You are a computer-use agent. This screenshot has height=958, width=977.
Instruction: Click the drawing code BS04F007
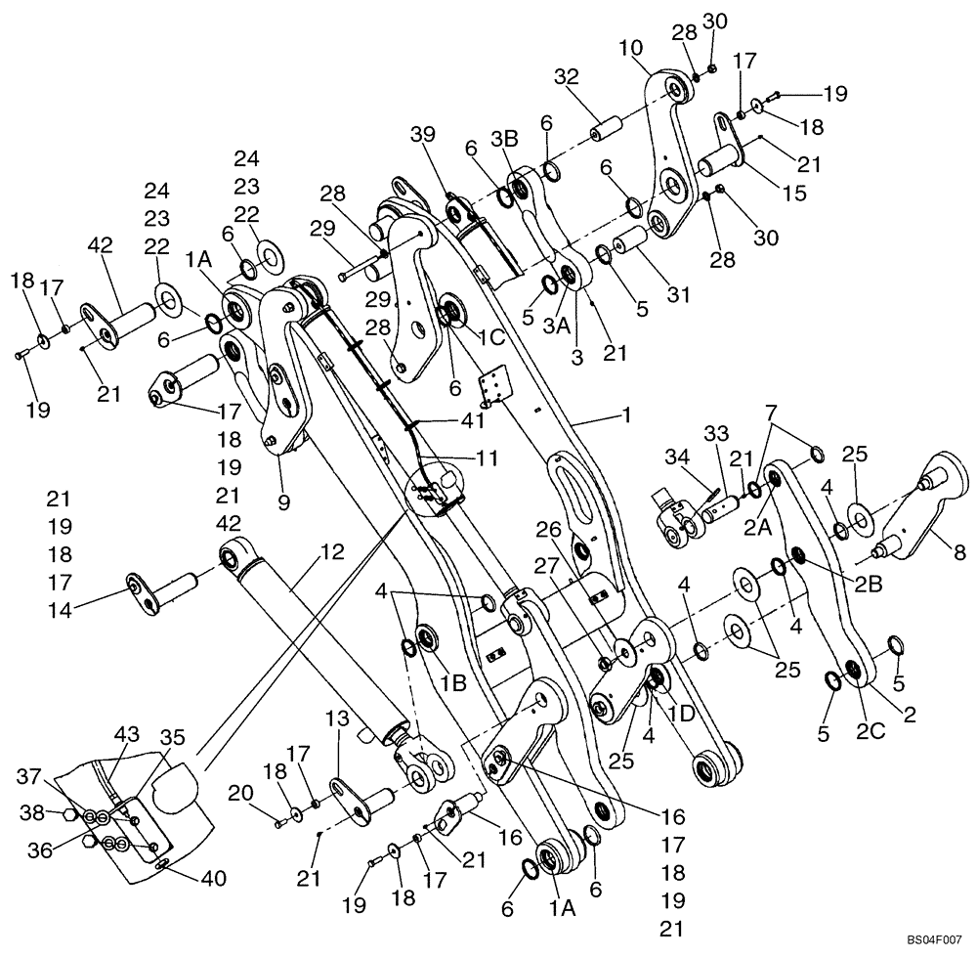point(935,936)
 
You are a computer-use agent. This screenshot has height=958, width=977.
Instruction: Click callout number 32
point(568,77)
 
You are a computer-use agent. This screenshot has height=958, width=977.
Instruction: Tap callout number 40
point(213,879)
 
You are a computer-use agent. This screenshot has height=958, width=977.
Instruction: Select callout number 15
point(794,194)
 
